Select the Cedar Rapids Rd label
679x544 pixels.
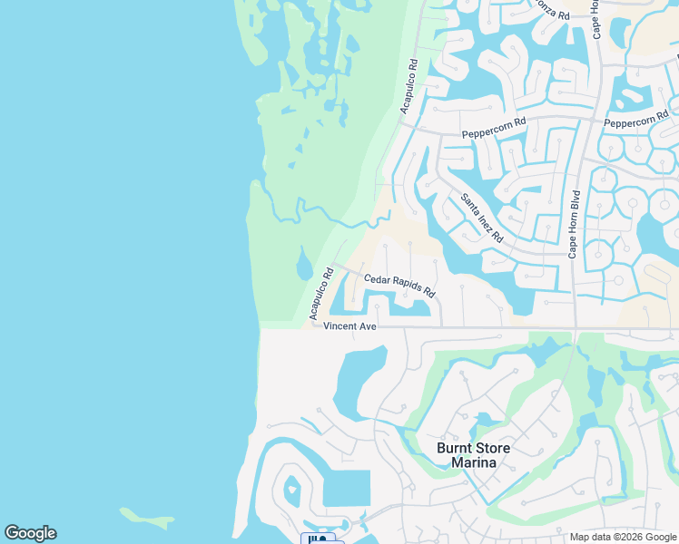click(399, 287)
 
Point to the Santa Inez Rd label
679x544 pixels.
click(482, 218)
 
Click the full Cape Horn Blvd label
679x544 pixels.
click(574, 224)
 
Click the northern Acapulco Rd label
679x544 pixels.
click(408, 87)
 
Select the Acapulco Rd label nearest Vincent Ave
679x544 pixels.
click(319, 293)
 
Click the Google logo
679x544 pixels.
click(30, 533)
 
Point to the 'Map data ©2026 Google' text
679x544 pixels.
click(623, 537)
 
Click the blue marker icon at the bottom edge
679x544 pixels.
click(318, 539)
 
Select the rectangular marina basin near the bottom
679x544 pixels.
click(347, 488)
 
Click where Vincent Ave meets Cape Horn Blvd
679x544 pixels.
click(575, 327)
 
